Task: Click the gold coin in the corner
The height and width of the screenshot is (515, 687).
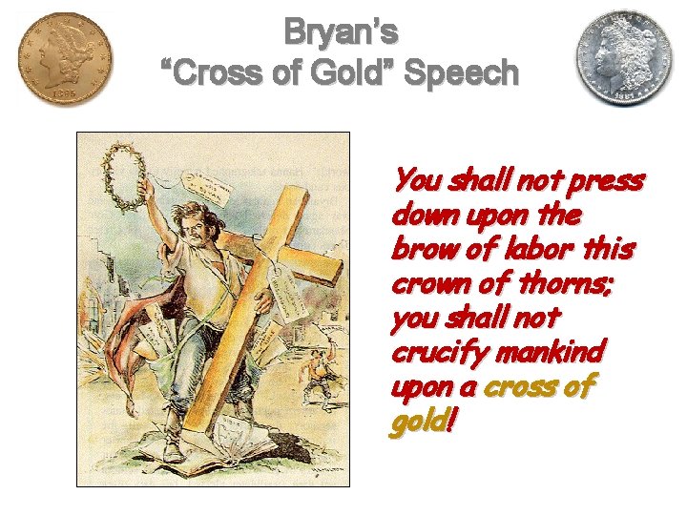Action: click(63, 59)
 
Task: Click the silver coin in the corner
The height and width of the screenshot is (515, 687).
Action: click(622, 59)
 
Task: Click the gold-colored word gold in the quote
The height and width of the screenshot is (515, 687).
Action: click(416, 421)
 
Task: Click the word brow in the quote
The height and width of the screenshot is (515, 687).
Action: click(417, 249)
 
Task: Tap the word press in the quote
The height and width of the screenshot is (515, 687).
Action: click(611, 180)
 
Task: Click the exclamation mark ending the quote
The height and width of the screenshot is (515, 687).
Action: click(448, 421)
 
